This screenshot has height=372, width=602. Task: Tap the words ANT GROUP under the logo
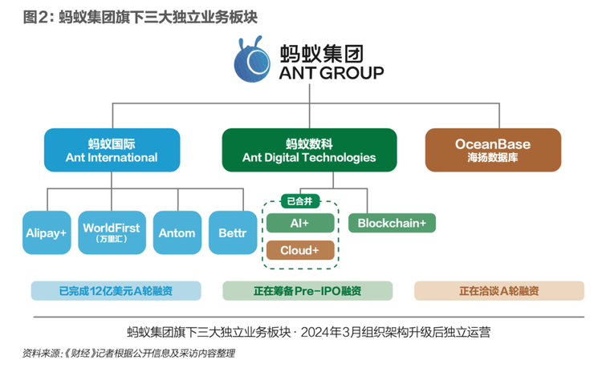click(x=332, y=73)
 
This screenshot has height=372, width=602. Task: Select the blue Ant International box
click(x=112, y=150)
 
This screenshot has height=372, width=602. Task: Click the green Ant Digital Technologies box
click(x=309, y=150)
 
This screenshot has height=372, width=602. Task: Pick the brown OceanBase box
click(x=493, y=150)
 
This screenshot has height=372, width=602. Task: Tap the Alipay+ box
click(x=47, y=232)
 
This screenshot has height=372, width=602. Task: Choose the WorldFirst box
click(x=112, y=232)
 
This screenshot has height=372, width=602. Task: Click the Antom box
click(x=177, y=232)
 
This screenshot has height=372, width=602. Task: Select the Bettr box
click(x=233, y=232)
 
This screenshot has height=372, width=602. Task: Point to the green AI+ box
click(x=300, y=223)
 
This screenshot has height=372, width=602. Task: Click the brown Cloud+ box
click(x=300, y=250)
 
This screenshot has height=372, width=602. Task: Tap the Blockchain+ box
click(x=392, y=223)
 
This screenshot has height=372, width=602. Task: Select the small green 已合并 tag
click(x=300, y=201)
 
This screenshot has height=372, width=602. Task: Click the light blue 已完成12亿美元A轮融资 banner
click(x=116, y=291)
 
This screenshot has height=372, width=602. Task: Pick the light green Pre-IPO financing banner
click(x=307, y=291)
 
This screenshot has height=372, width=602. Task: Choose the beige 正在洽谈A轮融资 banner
click(x=499, y=291)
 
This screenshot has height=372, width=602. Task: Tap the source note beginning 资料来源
click(x=128, y=354)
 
